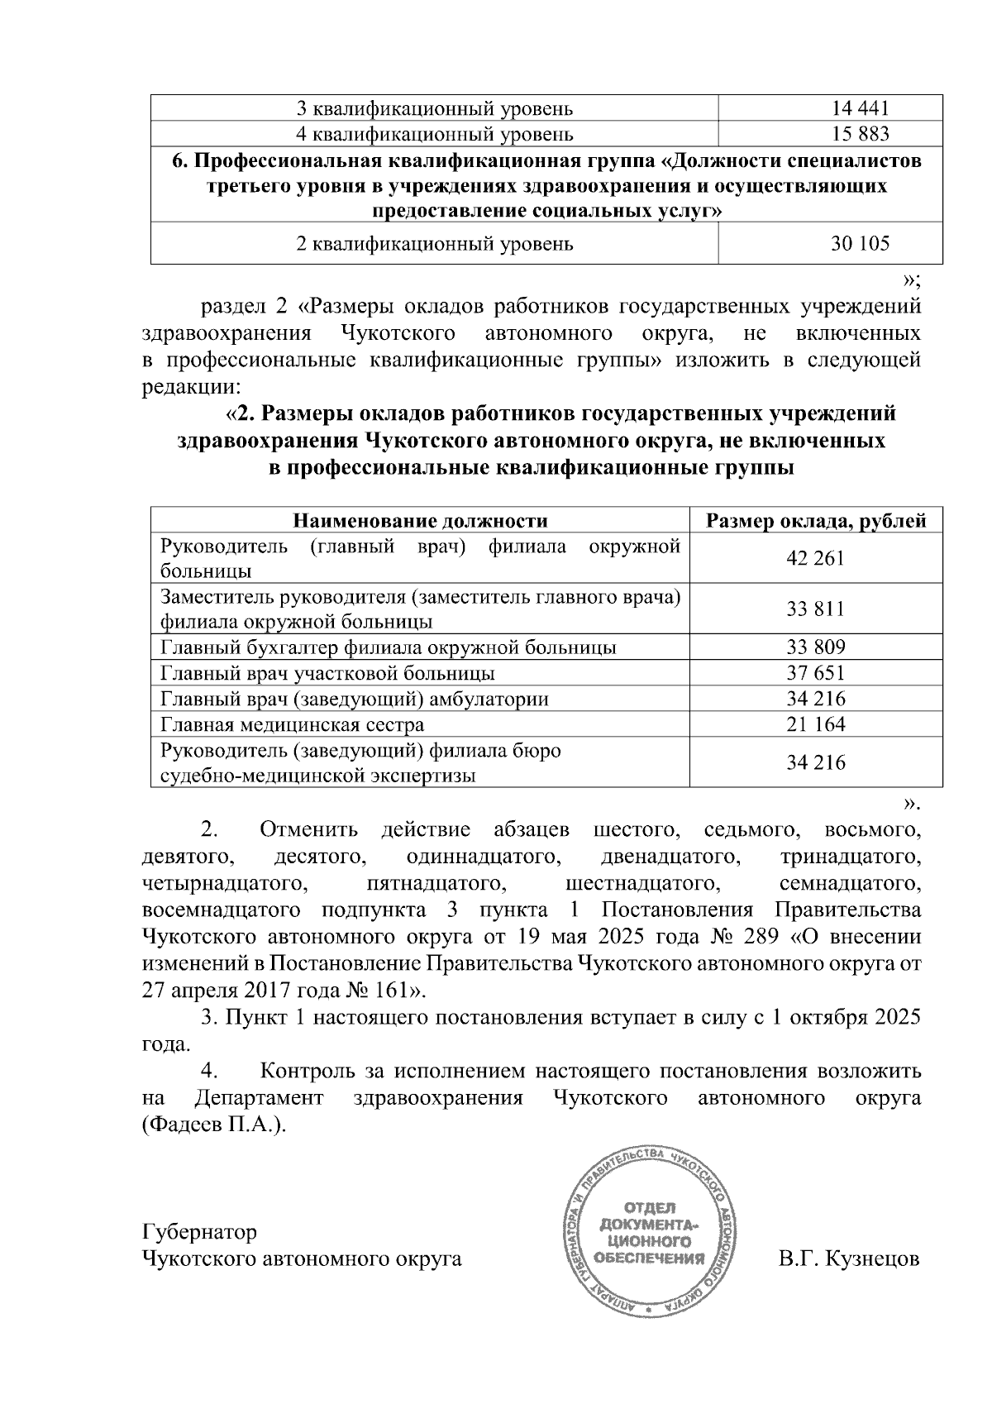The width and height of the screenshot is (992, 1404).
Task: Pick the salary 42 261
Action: click(x=816, y=558)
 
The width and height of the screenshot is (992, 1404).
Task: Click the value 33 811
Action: click(x=816, y=609)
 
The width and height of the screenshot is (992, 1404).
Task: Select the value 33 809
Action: click(x=816, y=647)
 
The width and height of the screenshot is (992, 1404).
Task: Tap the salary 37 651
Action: click(x=816, y=673)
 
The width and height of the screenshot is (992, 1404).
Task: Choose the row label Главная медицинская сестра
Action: click(x=293, y=725)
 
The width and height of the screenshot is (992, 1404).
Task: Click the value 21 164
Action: click(x=816, y=725)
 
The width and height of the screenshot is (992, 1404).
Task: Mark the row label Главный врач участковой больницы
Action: click(x=328, y=673)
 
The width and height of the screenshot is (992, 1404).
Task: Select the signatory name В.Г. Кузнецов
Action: click(x=848, y=1259)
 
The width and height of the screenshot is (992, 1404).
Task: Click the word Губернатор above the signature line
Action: click(x=200, y=1232)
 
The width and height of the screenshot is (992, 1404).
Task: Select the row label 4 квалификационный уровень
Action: click(x=434, y=133)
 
